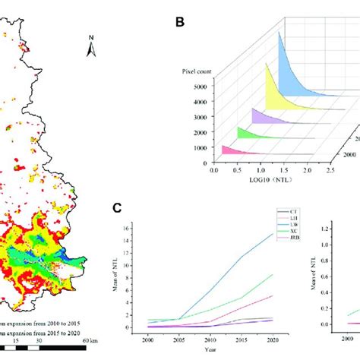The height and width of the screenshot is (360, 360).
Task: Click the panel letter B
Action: coord(180,22)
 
